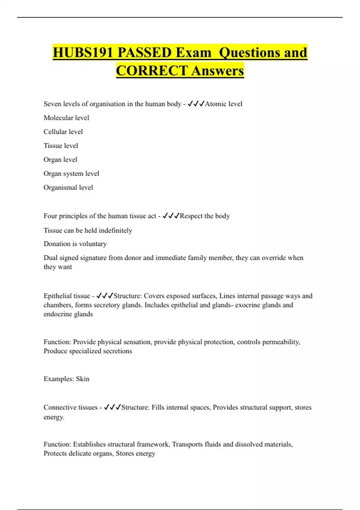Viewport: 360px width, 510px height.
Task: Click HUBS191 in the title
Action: (83, 52)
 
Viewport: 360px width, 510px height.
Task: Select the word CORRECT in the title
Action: (152, 71)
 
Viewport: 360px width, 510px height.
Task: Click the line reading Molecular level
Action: (66, 118)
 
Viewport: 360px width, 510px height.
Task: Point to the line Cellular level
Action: (63, 132)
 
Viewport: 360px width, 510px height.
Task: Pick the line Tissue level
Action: (61, 145)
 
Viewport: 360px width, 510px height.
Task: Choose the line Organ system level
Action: (71, 173)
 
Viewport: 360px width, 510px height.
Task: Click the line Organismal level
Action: (68, 187)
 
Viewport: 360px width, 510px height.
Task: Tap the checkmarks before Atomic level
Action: (196, 104)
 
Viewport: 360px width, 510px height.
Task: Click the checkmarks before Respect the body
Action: (171, 216)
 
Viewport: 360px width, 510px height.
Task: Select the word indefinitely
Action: (115, 230)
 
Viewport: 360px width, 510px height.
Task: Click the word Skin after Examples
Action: (82, 379)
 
